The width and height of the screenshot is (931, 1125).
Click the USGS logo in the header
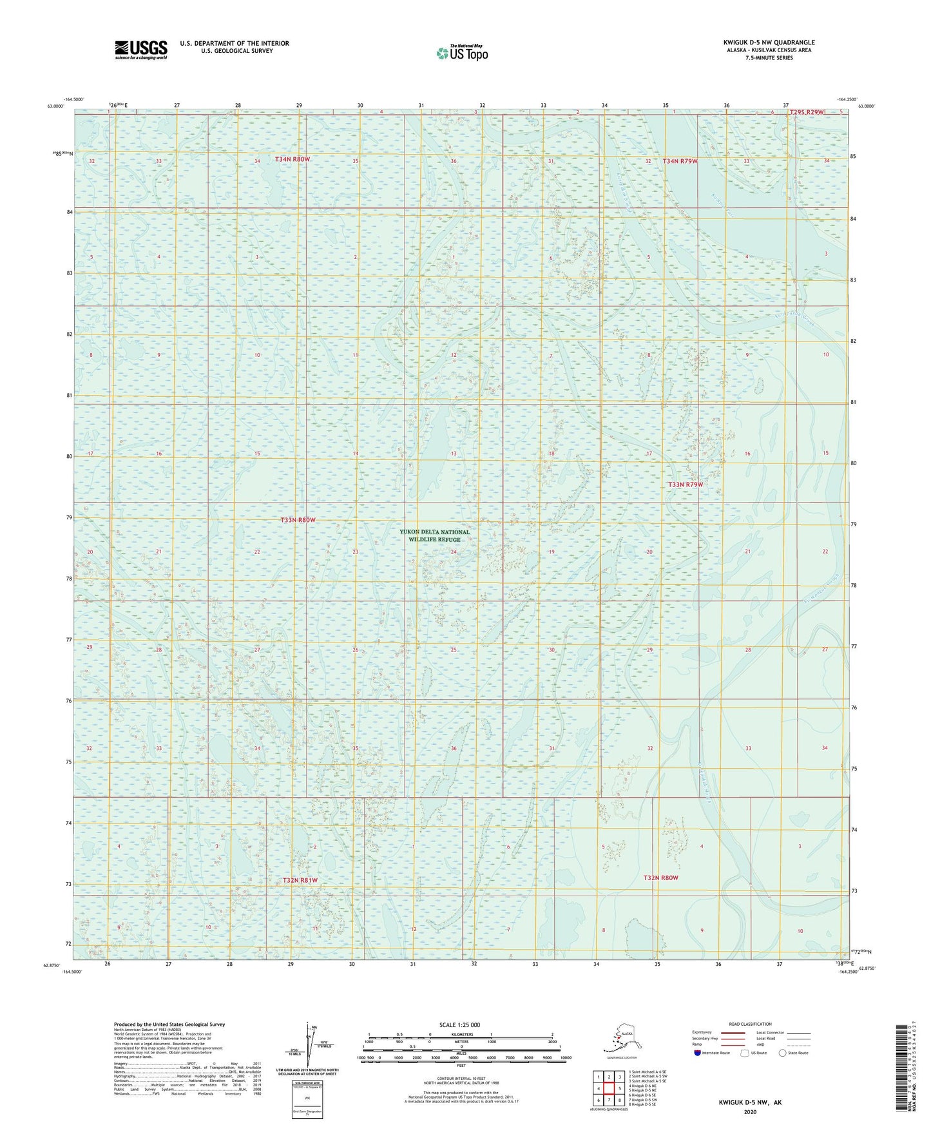point(140,50)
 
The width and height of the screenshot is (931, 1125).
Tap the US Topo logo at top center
point(461,53)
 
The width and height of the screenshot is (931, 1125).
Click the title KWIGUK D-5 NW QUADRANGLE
point(768,43)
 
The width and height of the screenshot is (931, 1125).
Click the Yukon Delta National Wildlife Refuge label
point(434,535)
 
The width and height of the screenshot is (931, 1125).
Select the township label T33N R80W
point(298,520)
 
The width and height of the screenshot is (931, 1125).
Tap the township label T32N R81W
point(300,880)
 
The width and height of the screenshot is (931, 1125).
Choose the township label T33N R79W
point(686,485)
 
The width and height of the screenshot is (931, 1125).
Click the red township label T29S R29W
point(807,112)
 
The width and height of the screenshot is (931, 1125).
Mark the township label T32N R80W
point(660,878)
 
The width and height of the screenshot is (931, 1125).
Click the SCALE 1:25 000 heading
point(460,1025)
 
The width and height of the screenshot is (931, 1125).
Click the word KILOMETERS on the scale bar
point(460,1035)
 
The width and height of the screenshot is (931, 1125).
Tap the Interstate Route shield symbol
point(698,1053)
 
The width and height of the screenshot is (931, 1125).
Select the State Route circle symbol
point(783,1053)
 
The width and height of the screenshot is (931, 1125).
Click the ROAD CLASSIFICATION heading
point(750,1024)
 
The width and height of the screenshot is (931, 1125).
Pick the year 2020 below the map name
point(750,1111)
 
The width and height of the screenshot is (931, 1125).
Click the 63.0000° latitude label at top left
point(55,106)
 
